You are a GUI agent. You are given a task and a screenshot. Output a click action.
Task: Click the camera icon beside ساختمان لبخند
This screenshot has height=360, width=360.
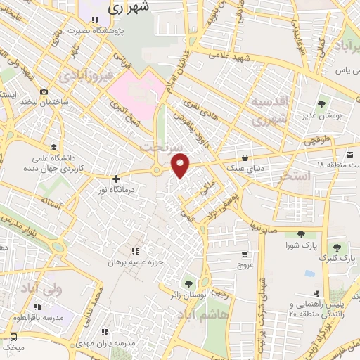coord(44,92)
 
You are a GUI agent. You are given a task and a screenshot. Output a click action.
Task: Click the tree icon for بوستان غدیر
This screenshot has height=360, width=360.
coord(322,105)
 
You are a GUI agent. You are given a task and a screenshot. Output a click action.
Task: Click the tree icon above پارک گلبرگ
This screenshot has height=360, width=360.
coord(338,247)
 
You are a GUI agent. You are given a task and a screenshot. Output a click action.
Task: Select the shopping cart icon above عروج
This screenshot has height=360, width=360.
coord(245,255)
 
